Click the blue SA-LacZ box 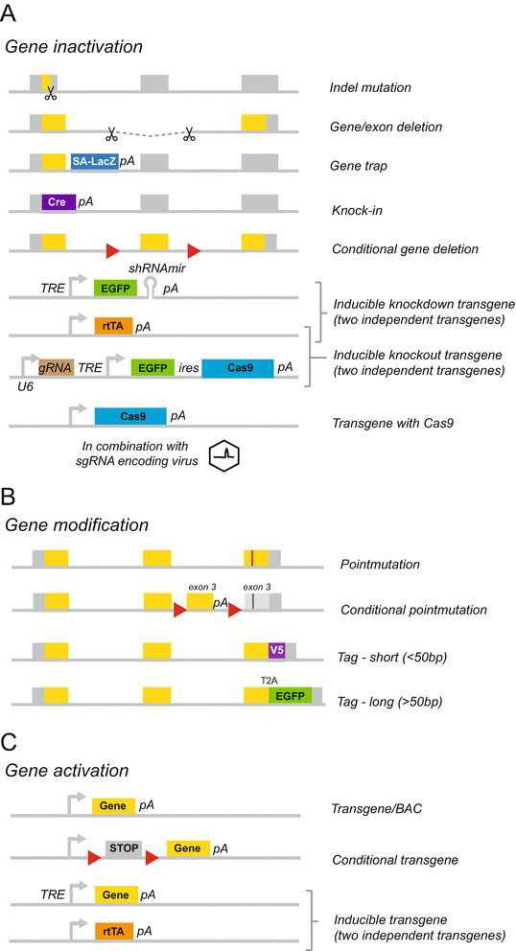pos(94,162)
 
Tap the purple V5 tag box pos(277,650)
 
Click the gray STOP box pos(123,848)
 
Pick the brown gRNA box pos(57,366)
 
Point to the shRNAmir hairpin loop pos(151,284)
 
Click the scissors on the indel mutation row pos(50,93)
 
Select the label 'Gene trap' pos(358,166)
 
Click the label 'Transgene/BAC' pos(369,807)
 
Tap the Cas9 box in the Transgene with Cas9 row pos(129,416)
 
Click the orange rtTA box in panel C pos(113,930)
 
